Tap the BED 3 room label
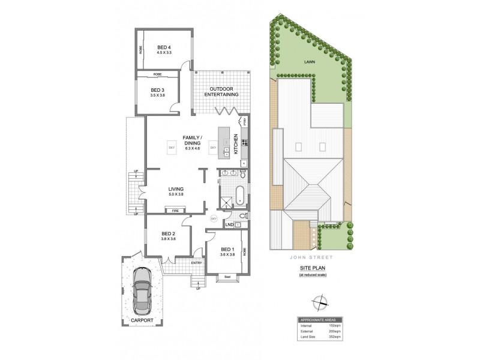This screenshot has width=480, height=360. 157,89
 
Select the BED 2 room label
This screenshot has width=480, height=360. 169,234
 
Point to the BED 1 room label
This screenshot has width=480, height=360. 227,249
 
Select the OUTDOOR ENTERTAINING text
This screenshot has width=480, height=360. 221,92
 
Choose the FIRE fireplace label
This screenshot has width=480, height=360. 176,211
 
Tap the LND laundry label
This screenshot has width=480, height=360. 229,224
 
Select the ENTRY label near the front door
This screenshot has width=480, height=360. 196,263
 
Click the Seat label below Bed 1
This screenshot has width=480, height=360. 227,277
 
